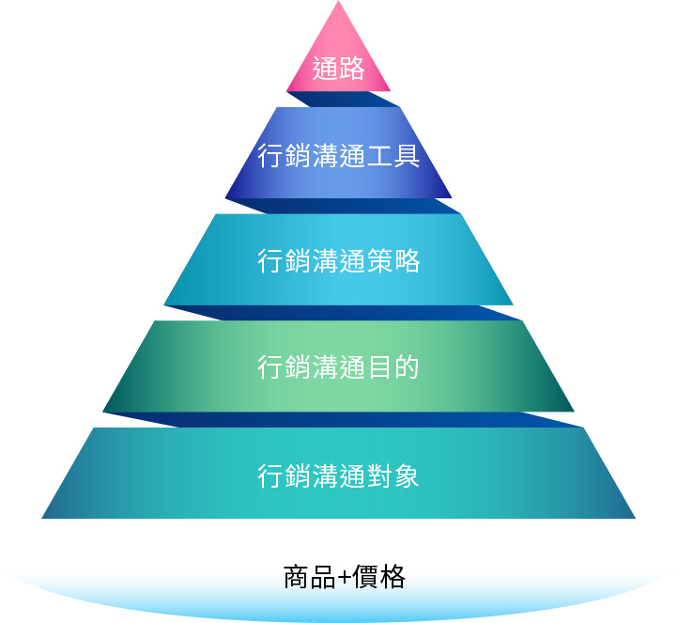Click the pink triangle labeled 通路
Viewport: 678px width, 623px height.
tap(338, 56)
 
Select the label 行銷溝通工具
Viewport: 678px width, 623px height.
tap(338, 154)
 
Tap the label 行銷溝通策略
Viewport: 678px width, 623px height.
tap(338, 260)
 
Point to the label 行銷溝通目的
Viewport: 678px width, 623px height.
tap(338, 367)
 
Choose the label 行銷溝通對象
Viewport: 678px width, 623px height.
tap(338, 475)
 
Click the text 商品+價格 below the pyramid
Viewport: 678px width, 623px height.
tap(344, 576)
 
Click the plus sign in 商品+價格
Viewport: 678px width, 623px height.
tap(344, 577)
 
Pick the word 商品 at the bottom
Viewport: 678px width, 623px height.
tap(309, 576)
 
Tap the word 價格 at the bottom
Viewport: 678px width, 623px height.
tap(379, 576)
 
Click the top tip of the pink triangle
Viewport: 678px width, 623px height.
tap(338, 4)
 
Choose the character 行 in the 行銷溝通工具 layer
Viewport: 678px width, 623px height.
tap(270, 154)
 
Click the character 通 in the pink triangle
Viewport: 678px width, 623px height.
tap(325, 70)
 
